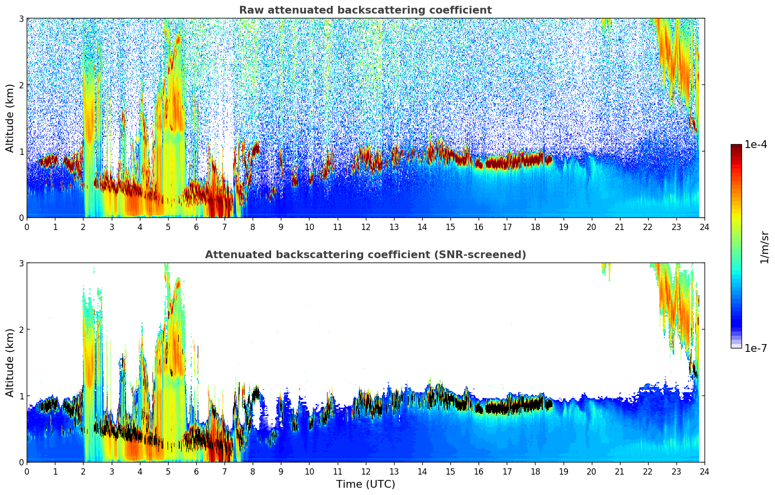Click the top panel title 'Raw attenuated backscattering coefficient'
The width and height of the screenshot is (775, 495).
[x=365, y=10]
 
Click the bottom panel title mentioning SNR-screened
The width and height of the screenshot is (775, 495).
[x=365, y=255]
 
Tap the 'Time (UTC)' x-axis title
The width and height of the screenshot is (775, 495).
[x=365, y=484]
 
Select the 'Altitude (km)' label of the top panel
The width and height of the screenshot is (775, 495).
[x=10, y=118]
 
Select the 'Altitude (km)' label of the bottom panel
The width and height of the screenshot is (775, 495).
[x=10, y=363]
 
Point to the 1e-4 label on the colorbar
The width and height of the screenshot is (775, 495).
[x=756, y=145]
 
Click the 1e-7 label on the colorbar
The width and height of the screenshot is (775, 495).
[x=756, y=348]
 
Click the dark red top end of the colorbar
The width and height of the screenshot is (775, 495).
[x=736, y=147]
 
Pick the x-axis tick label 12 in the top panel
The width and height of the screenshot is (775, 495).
[x=365, y=227]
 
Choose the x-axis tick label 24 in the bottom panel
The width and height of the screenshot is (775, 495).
[x=704, y=472]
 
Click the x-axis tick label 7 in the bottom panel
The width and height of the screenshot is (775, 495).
[x=224, y=472]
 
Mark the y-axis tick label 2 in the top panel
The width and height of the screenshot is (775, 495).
[x=21, y=85]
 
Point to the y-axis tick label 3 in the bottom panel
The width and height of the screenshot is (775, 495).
[x=21, y=263]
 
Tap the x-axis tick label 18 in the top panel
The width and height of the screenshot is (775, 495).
[x=535, y=227]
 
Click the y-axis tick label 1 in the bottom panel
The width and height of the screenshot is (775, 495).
[x=21, y=396]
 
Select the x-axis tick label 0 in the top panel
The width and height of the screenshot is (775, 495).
[x=27, y=227]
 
